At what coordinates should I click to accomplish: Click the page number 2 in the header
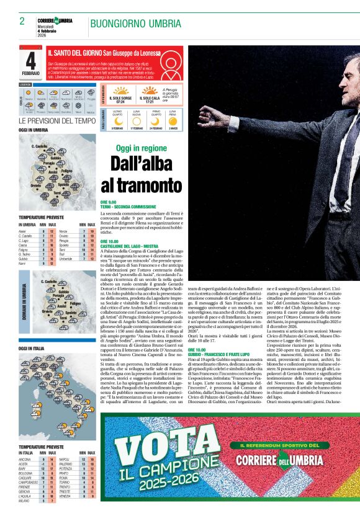[22, 21]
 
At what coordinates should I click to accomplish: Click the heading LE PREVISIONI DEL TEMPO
[57, 120]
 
